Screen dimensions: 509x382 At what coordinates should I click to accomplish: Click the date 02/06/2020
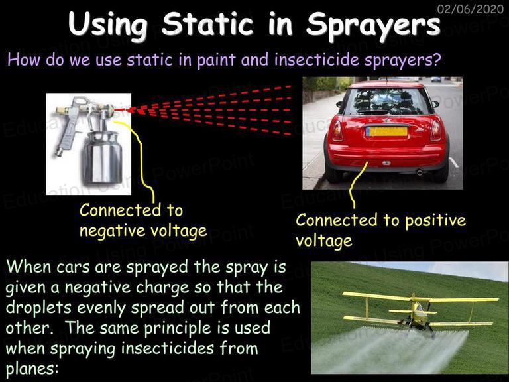(x=470, y=9)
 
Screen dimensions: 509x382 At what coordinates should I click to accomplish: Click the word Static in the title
(x=207, y=25)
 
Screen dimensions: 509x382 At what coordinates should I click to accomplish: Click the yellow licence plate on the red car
(x=386, y=131)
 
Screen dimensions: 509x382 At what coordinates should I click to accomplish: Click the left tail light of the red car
(x=337, y=131)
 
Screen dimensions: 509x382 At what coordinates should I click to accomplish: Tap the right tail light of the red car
(x=435, y=131)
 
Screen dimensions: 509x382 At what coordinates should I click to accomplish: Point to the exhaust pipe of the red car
(x=420, y=172)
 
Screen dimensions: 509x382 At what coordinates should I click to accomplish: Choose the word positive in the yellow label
(x=435, y=222)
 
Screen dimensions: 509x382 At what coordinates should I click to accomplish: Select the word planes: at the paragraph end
(x=32, y=369)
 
